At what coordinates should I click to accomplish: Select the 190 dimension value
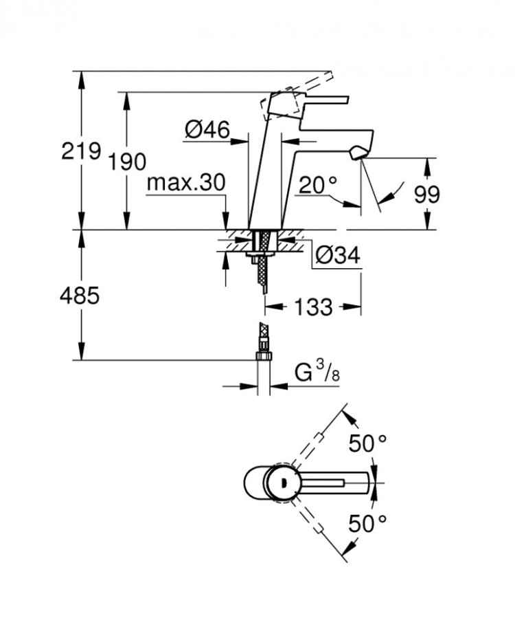128,162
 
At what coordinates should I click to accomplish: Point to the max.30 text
186,182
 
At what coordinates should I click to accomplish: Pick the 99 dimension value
426,195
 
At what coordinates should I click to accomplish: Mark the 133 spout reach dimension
313,306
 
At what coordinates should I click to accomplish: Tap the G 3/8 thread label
315,374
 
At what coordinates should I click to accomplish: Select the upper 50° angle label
367,443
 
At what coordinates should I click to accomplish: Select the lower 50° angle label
367,525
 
